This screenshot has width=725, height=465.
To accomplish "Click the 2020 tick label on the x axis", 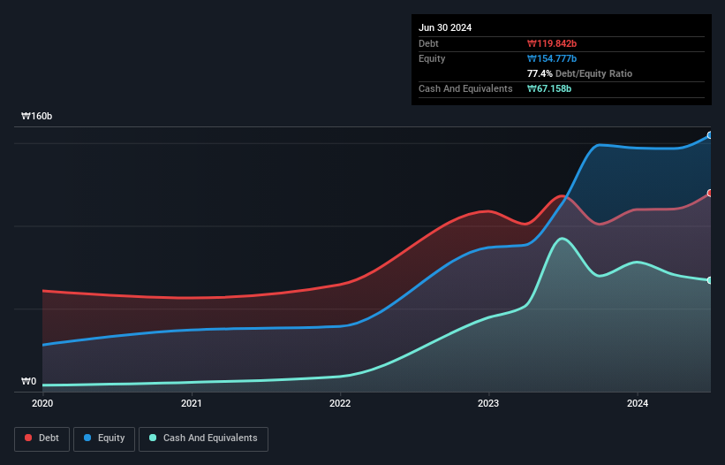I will (x=42, y=403).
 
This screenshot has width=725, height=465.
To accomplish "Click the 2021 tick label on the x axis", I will (x=191, y=403).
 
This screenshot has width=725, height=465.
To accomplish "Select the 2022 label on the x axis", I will (x=340, y=403).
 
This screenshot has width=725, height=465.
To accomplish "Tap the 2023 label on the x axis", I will (x=488, y=403).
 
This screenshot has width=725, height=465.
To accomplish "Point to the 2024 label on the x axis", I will (x=638, y=403).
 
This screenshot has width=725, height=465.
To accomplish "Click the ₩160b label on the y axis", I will (x=38, y=117).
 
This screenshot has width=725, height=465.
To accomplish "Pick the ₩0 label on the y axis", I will (x=29, y=382).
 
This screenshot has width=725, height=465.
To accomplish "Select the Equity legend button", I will (x=104, y=438).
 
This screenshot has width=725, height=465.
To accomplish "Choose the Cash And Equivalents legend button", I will (x=203, y=438).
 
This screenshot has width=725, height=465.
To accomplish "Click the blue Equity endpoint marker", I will (x=710, y=135).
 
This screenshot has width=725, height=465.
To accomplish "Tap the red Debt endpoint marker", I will (x=710, y=193).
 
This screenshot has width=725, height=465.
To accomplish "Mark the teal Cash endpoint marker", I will (x=710, y=280).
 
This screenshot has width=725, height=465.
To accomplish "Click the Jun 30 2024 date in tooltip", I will (x=445, y=27).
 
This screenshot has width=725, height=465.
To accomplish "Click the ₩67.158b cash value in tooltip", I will (x=552, y=88).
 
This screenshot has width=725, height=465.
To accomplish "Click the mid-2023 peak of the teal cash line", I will (x=561, y=239).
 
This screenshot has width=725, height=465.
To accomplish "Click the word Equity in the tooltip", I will (x=432, y=58).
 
